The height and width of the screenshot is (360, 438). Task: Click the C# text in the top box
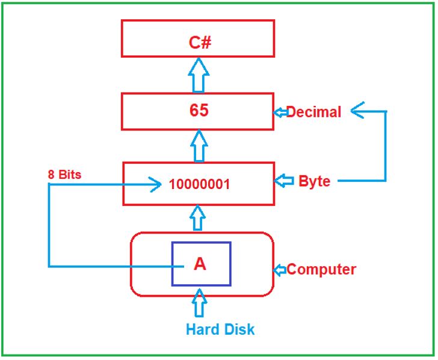tap(200, 43)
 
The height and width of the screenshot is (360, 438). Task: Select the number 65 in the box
tap(199, 110)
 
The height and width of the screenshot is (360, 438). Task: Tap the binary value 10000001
tap(200, 184)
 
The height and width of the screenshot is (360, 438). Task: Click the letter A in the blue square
tap(200, 264)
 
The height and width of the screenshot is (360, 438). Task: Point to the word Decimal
tap(313, 112)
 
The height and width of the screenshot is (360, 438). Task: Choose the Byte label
tap(315, 181)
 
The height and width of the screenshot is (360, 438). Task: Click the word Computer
tap(321, 270)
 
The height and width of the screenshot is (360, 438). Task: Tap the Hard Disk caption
tap(220, 329)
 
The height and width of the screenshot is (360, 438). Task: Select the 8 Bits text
tap(64, 175)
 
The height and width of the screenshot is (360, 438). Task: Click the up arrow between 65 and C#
tap(199, 75)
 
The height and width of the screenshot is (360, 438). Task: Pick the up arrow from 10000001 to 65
tap(199, 146)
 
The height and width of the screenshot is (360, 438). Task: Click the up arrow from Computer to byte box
tap(198, 218)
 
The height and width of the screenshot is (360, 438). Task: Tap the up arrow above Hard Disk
tap(200, 303)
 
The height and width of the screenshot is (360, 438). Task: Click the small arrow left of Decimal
tap(280, 113)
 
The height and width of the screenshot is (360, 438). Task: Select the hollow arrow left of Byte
tap(284, 181)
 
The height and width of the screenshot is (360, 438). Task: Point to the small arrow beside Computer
tap(280, 270)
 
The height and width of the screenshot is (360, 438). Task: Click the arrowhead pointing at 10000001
tap(155, 184)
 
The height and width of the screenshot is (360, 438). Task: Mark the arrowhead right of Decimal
tap(357, 110)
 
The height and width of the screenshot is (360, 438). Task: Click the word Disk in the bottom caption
tap(238, 329)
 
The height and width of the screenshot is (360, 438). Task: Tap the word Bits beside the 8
tap(70, 175)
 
